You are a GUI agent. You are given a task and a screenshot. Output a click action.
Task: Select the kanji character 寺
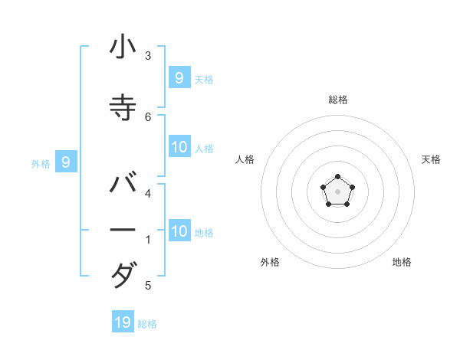click(123, 108)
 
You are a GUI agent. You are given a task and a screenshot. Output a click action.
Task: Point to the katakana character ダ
click(123, 274)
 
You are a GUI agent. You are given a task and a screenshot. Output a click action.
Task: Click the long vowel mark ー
click(123, 230)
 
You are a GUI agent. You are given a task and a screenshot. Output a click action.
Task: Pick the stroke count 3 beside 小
click(148, 55)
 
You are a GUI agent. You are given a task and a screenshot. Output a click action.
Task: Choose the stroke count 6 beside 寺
click(148, 116)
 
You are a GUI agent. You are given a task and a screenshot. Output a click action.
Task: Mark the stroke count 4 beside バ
click(148, 193)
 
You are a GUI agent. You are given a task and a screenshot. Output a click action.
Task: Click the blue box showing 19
click(123, 322)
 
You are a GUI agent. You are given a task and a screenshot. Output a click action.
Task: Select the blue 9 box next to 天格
click(179, 77)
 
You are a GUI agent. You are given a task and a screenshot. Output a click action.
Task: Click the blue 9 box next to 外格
click(66, 162)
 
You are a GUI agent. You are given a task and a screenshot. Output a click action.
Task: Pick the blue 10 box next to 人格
click(179, 147)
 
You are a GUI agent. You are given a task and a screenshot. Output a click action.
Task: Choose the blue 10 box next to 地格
click(179, 231)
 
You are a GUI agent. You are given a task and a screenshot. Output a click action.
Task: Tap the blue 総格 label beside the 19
click(147, 324)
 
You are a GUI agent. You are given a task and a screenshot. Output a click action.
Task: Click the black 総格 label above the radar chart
click(338, 100)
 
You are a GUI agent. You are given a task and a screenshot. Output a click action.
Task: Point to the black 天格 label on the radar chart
click(431, 159)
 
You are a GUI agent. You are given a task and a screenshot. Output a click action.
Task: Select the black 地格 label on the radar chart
click(402, 263)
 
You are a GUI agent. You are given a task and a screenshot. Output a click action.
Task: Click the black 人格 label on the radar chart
click(245, 159)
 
